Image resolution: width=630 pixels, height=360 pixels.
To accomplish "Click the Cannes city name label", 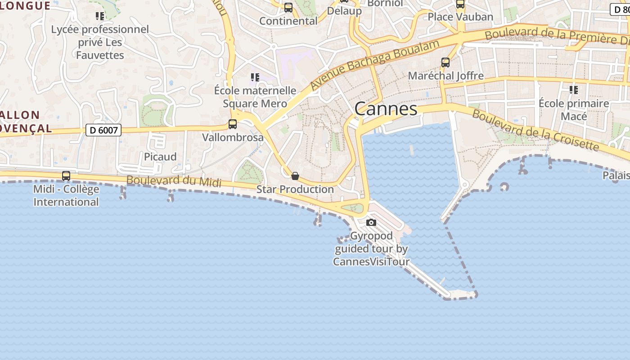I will click(386, 109).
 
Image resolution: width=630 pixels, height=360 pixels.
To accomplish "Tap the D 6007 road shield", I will click(103, 130).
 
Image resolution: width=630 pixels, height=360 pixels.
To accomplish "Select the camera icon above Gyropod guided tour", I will click(371, 222).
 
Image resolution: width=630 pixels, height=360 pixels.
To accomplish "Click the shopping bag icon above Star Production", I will click(295, 176).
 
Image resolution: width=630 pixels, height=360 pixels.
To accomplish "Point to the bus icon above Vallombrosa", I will click(233, 124).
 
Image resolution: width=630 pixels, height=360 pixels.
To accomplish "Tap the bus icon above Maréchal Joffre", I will click(445, 63).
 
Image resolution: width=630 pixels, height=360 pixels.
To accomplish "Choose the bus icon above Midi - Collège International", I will click(66, 176).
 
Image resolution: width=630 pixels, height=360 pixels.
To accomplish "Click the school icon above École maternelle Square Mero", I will click(255, 77).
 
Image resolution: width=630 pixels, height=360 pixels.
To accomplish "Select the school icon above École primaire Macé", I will click(574, 90).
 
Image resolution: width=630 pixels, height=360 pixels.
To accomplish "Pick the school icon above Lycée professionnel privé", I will click(100, 17).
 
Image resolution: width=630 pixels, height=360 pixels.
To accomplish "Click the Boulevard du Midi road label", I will click(174, 181).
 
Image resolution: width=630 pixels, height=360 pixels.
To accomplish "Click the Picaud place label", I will click(160, 157).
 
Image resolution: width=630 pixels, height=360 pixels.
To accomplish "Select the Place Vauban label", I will click(460, 17).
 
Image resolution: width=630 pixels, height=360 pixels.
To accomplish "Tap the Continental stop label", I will click(288, 21).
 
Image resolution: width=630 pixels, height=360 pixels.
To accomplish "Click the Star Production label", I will click(295, 189).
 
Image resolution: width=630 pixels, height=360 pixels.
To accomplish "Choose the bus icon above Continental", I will click(288, 8).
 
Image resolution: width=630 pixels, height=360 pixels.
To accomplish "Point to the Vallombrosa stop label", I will click(233, 137).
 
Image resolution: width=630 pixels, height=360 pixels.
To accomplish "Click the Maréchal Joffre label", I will click(445, 76).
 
